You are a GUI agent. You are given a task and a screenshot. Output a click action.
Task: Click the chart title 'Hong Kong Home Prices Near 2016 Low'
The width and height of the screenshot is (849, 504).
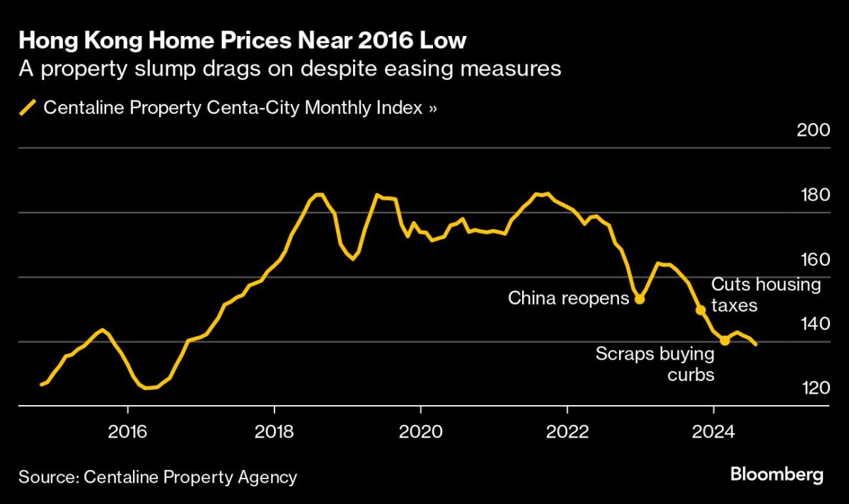243,40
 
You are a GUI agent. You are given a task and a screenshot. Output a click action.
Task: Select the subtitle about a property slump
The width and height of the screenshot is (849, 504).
289,69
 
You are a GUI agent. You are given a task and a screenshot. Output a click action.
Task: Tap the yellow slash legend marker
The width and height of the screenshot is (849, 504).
28,108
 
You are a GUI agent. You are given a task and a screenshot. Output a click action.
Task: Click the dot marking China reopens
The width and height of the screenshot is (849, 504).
640,299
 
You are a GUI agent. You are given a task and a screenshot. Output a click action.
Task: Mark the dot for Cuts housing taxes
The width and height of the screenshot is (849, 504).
700,310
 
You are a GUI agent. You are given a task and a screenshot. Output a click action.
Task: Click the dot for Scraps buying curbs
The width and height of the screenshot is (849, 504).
724,341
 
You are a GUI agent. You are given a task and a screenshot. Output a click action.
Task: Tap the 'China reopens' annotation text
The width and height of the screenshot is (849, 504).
568,298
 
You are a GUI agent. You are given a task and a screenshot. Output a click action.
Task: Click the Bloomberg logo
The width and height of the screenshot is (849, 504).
776,474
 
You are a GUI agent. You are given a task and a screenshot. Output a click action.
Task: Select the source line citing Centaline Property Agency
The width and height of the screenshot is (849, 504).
158,477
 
